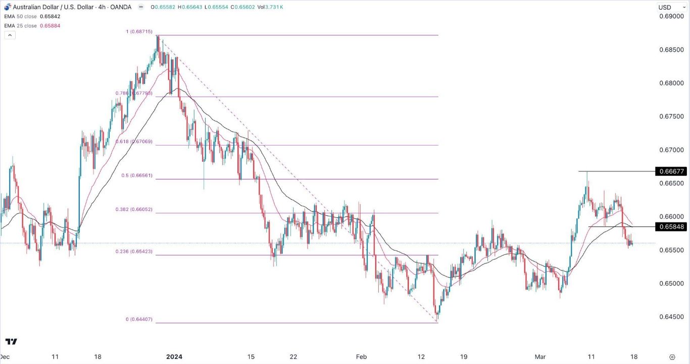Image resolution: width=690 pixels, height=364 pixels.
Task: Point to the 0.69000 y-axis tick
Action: click(671, 17)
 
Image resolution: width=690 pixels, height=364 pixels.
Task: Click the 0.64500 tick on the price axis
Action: click(671, 317)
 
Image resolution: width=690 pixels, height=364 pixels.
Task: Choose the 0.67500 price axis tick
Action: click(671, 117)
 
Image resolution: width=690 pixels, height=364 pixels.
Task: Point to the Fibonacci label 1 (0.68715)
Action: click(141, 32)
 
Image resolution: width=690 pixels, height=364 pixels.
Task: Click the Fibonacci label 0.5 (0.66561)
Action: click(137, 176)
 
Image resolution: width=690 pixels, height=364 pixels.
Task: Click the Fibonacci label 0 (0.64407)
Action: click(139, 320)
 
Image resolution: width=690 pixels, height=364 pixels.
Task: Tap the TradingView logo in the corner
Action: click(11, 342)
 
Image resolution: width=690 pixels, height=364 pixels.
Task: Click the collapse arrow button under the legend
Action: click(10, 35)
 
